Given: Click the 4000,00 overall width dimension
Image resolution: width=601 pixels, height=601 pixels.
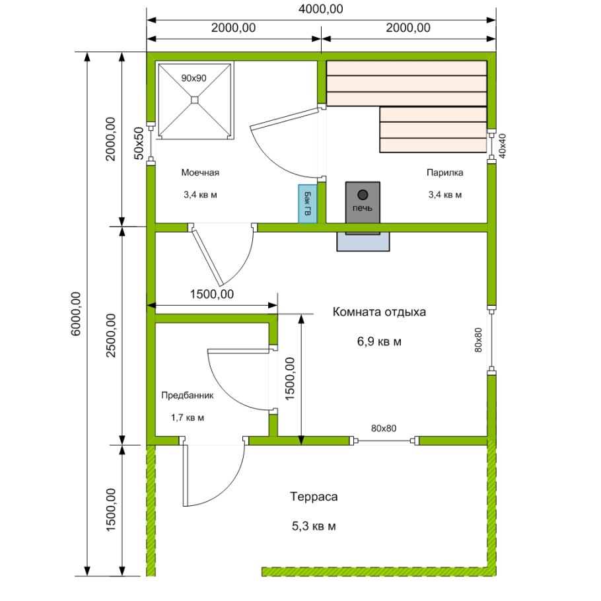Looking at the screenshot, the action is click(321, 9).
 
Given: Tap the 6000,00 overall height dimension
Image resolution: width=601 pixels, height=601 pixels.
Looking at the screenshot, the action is click(76, 314).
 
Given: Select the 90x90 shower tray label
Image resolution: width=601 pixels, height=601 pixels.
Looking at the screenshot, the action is click(194, 78).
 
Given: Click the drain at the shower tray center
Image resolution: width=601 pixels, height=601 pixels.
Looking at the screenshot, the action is click(195, 100).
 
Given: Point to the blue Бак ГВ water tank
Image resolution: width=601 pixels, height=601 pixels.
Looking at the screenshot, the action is click(308, 203).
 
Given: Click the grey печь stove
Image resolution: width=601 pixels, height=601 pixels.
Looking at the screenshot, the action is click(363, 202).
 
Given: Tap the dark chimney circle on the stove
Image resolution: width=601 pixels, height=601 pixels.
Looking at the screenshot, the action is click(363, 195).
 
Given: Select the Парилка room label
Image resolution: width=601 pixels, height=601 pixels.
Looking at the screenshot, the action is click(444, 172).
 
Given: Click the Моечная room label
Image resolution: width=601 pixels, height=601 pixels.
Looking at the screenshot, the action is click(200, 172).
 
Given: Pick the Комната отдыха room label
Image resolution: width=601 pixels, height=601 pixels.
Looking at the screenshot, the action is click(379, 312).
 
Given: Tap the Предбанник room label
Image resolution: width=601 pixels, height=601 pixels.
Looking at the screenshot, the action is click(187, 395).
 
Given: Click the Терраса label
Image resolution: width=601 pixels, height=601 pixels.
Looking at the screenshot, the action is click(314, 497).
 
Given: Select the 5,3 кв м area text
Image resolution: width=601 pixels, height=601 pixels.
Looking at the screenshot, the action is click(314, 526).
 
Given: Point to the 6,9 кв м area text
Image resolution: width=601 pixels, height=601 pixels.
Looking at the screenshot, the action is click(379, 341).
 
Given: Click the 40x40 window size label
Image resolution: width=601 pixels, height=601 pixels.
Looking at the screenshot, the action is click(502, 146).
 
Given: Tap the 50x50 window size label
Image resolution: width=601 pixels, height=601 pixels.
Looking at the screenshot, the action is click(139, 143).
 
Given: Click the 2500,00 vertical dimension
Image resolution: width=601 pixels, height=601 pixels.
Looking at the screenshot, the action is click(111, 336).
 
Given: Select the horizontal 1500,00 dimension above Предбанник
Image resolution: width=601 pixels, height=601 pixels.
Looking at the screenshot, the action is click(212, 294).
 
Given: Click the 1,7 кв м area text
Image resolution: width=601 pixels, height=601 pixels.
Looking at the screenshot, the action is click(187, 417).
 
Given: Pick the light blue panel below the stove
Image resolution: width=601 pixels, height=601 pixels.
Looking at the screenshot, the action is click(363, 242).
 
